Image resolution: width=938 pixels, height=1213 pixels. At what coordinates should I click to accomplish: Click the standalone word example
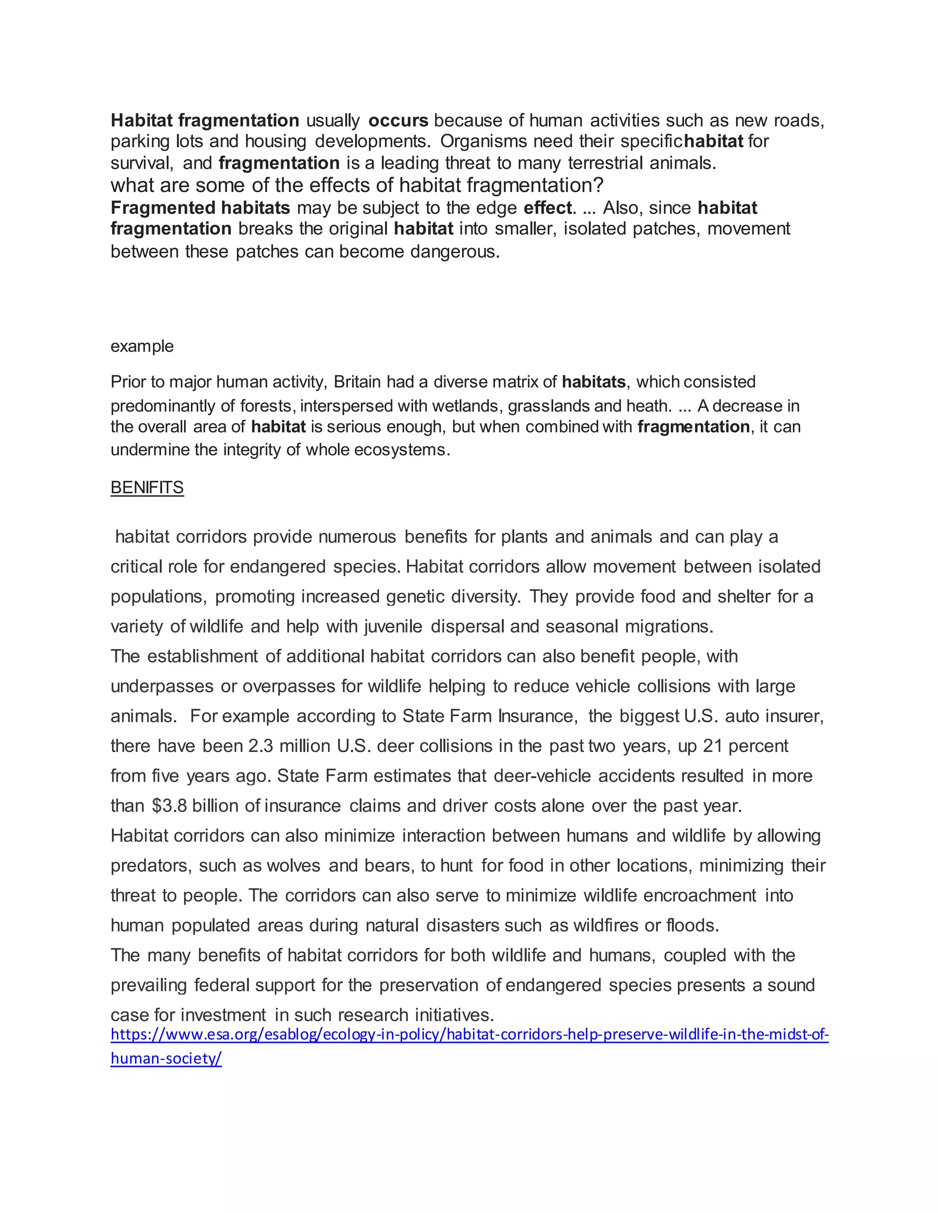pos(142,347)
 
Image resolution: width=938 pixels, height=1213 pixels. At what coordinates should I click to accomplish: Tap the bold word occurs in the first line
pos(398,120)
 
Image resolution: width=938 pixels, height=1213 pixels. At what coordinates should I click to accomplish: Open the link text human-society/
pos(166,1059)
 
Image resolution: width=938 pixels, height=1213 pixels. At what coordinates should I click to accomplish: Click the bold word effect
pos(547,208)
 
